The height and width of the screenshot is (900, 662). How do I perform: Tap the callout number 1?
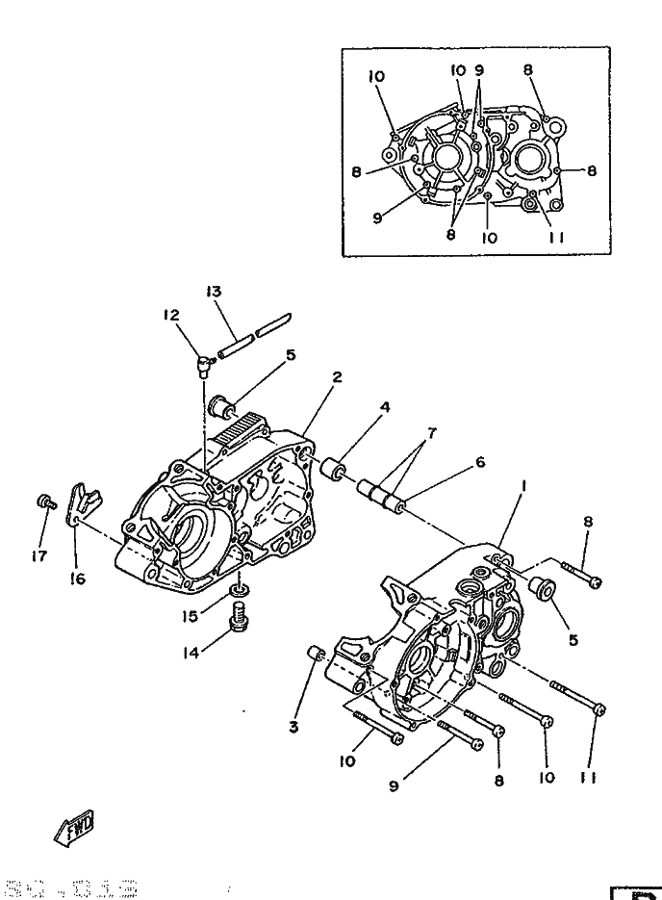(522, 488)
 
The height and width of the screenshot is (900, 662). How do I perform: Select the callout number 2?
(336, 377)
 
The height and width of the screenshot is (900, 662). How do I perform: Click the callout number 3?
(294, 727)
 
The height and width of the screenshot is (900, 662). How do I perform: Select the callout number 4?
(385, 407)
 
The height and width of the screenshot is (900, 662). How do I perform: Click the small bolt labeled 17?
(44, 501)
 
